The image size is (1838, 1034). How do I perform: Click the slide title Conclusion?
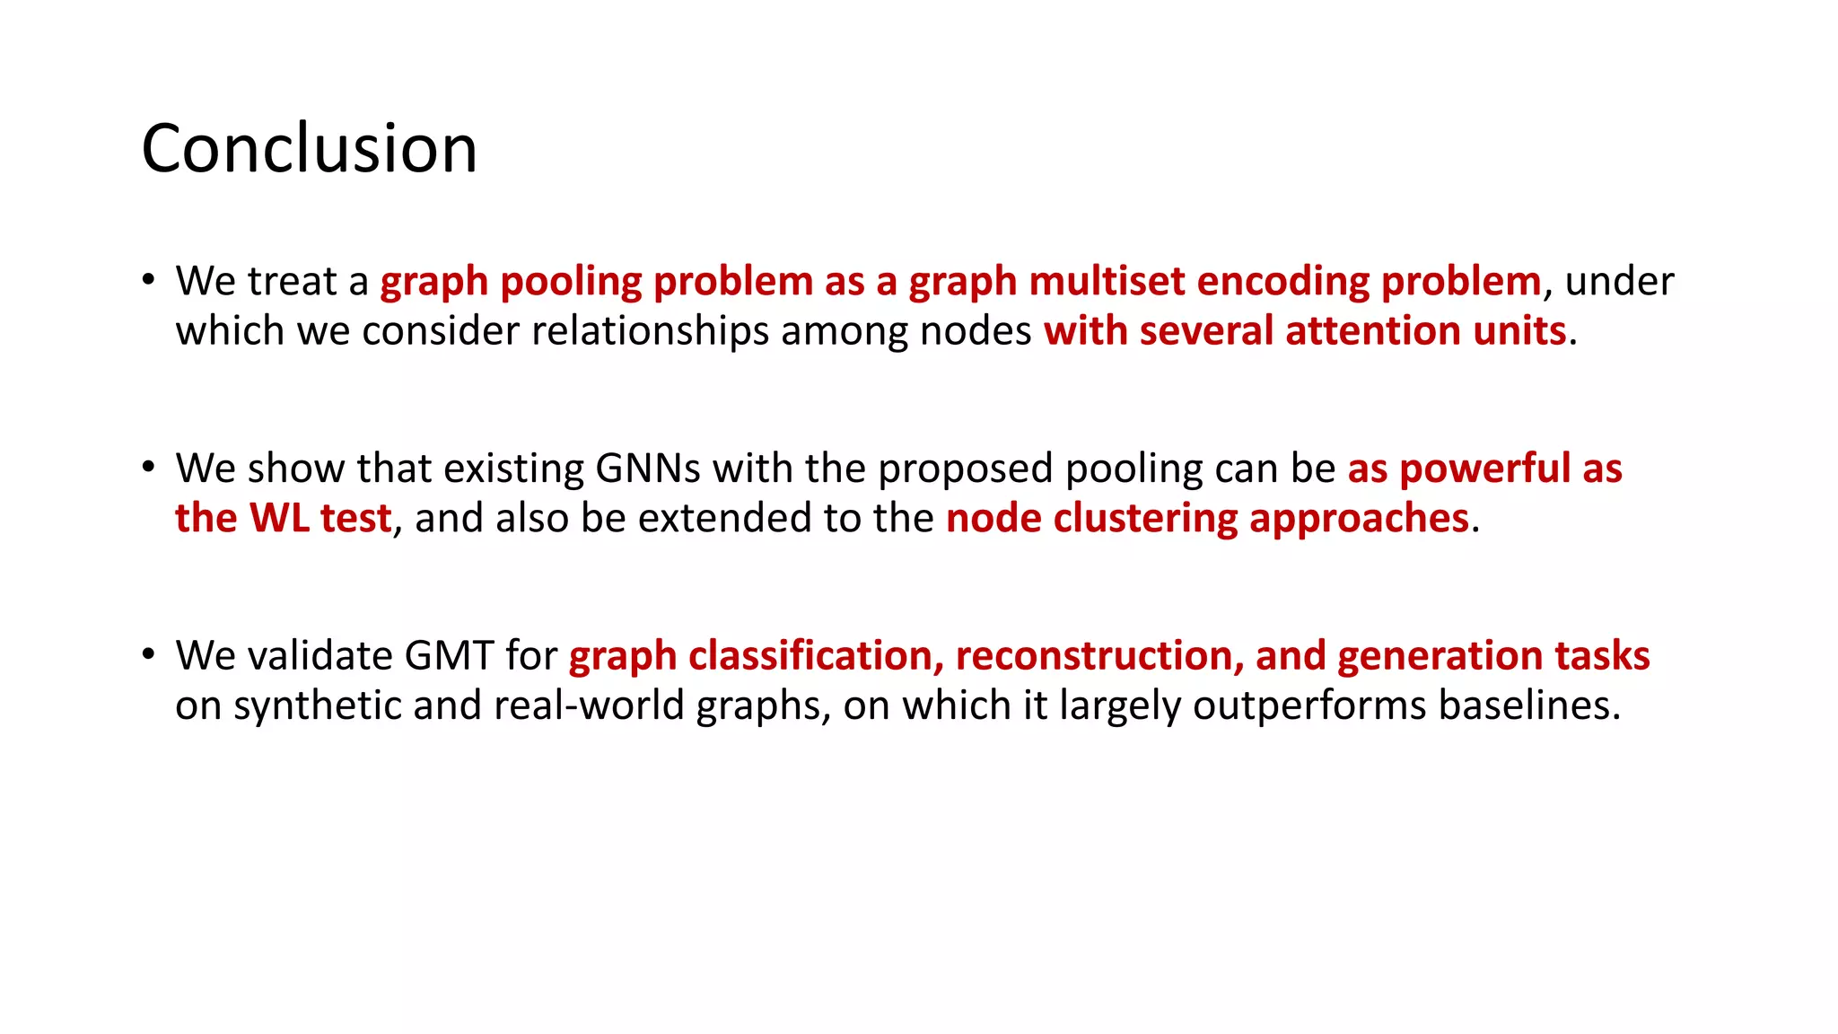310,149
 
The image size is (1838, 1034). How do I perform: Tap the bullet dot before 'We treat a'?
149,279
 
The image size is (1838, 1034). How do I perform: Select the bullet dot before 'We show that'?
149,467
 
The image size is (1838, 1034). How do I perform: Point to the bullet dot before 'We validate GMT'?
149,653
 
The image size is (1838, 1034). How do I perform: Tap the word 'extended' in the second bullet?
696,519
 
